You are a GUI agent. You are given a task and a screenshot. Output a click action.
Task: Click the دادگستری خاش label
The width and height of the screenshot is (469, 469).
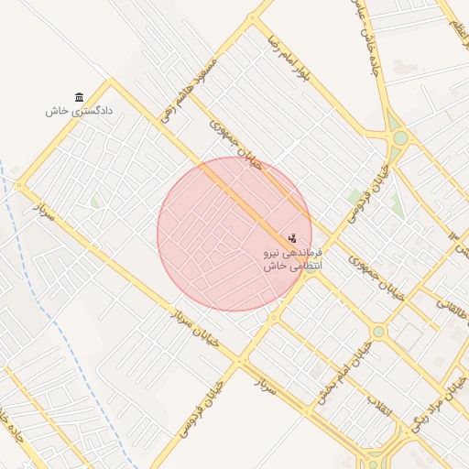[79, 111]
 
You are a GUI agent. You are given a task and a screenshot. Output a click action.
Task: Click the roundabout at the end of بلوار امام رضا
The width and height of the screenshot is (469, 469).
[399, 138]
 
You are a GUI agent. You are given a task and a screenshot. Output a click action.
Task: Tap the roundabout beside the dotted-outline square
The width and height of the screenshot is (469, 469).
[378, 332]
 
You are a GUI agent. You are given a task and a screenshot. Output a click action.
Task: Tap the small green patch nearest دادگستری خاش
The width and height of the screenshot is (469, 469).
[94, 202]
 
